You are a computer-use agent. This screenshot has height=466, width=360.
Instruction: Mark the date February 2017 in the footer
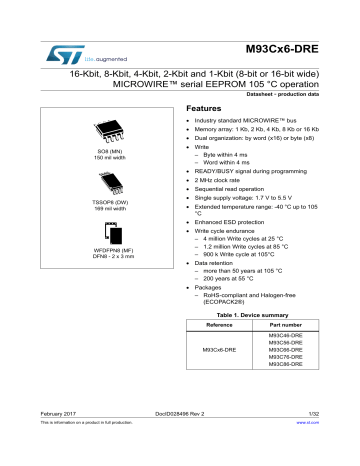(47, 441)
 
